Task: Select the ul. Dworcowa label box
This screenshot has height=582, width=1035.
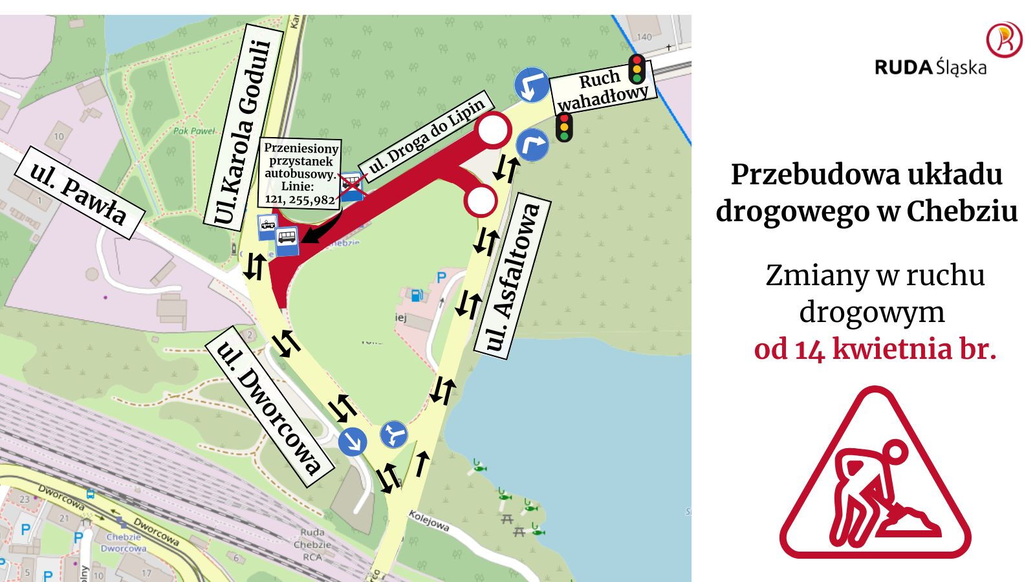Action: coord(270,408)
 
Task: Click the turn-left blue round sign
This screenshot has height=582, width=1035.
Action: coord(532,85)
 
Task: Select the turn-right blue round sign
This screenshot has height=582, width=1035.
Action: coord(532,144)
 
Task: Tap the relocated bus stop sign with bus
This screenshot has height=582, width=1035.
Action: coord(287,241)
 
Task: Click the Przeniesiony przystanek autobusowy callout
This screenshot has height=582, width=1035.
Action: coord(301,173)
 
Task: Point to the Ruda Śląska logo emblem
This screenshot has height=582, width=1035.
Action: coord(1004,39)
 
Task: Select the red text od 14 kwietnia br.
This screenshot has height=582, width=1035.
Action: coord(875,349)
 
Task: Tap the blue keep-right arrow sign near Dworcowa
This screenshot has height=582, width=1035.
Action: coord(353,442)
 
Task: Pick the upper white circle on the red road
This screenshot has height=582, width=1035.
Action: coord(494,130)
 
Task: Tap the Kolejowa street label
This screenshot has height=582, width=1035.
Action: coord(430,521)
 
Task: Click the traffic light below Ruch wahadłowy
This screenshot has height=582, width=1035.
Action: coord(564,127)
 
